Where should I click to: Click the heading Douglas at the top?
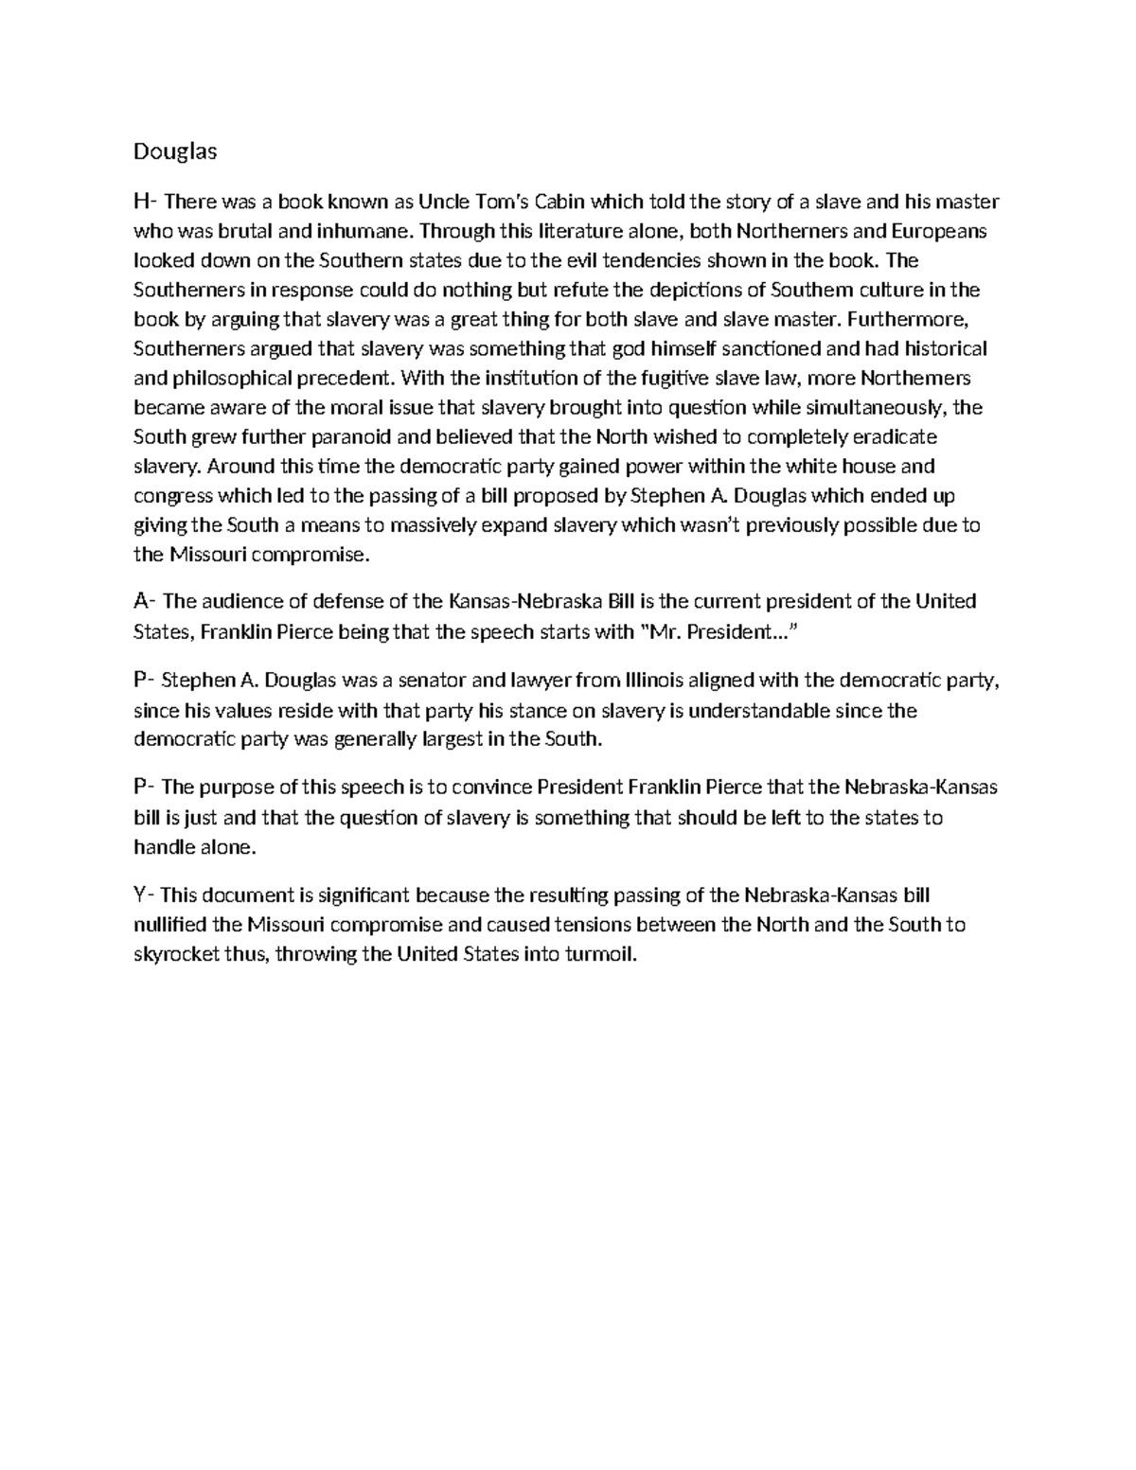175,151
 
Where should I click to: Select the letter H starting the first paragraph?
142,202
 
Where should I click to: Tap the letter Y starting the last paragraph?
141,894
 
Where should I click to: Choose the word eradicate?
895,437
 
